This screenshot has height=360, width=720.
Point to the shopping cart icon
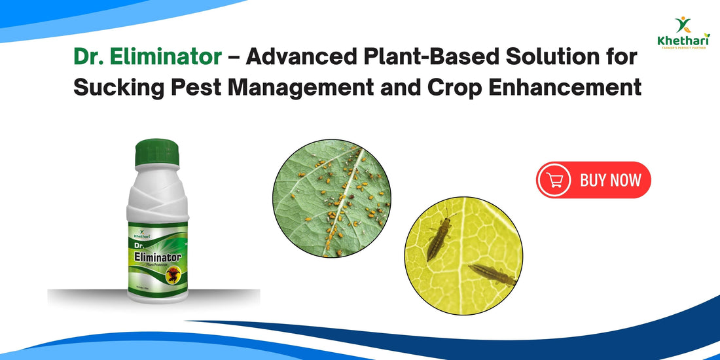coord(555,180)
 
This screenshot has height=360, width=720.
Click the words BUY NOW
coord(610,180)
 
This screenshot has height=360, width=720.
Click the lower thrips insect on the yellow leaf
coord(492,274)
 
